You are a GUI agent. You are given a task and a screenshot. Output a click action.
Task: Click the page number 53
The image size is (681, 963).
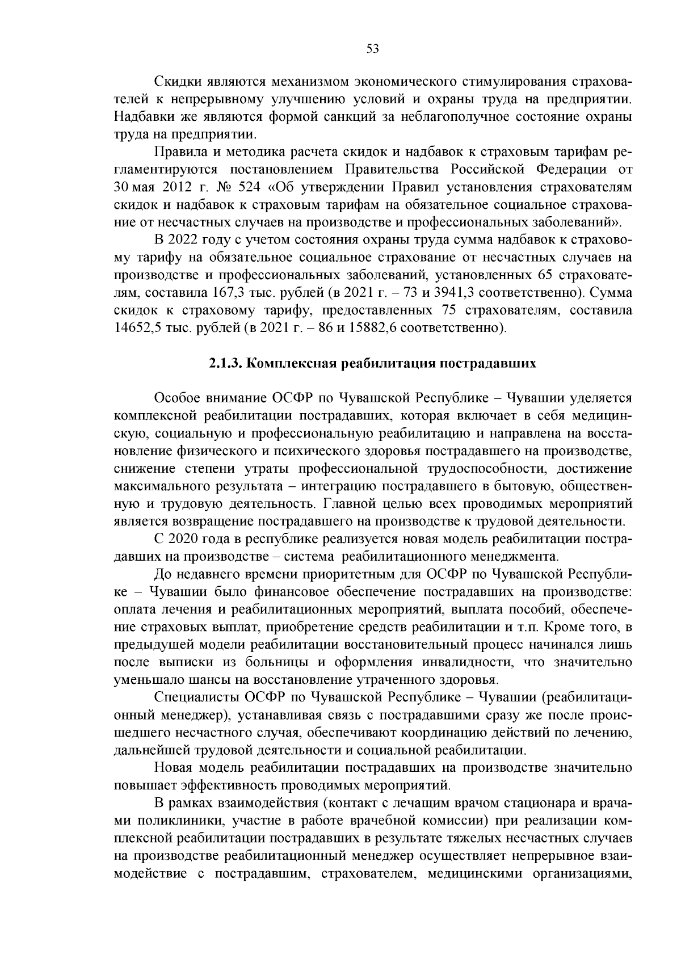coord(373,49)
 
